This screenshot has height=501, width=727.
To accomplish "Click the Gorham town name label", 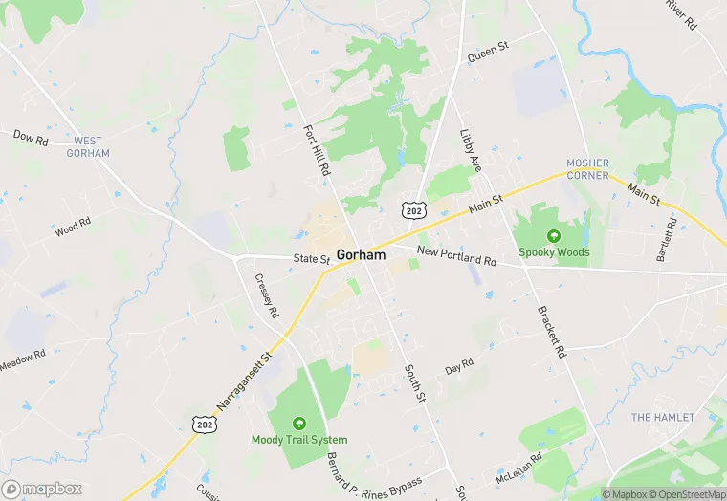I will tap(362, 255).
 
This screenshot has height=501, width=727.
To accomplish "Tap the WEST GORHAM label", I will tap(88, 147).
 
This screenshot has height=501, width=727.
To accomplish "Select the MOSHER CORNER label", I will tap(588, 169).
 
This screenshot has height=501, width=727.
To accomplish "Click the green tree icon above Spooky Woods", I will tap(553, 235).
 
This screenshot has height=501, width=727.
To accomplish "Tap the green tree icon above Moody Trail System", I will tap(299, 423).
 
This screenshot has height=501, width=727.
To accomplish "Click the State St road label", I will tap(312, 258).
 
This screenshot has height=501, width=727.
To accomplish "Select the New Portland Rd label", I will tap(457, 256).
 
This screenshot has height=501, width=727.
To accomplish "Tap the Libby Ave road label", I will tap(472, 152).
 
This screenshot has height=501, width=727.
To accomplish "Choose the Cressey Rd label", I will tap(267, 296).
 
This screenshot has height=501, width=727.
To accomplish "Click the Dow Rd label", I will tap(31, 137).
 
